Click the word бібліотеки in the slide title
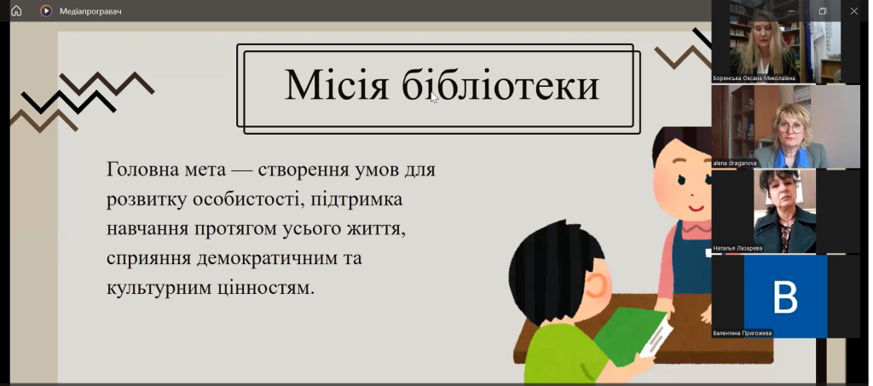500,85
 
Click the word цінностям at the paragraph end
271,288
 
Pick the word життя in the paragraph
375,228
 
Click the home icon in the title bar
16,10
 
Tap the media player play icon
46,10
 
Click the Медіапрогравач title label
90,11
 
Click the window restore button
823,11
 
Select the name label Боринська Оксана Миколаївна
754,78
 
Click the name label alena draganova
734,164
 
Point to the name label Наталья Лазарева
737,248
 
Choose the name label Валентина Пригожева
743,333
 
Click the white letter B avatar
785,297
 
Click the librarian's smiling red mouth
695,209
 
